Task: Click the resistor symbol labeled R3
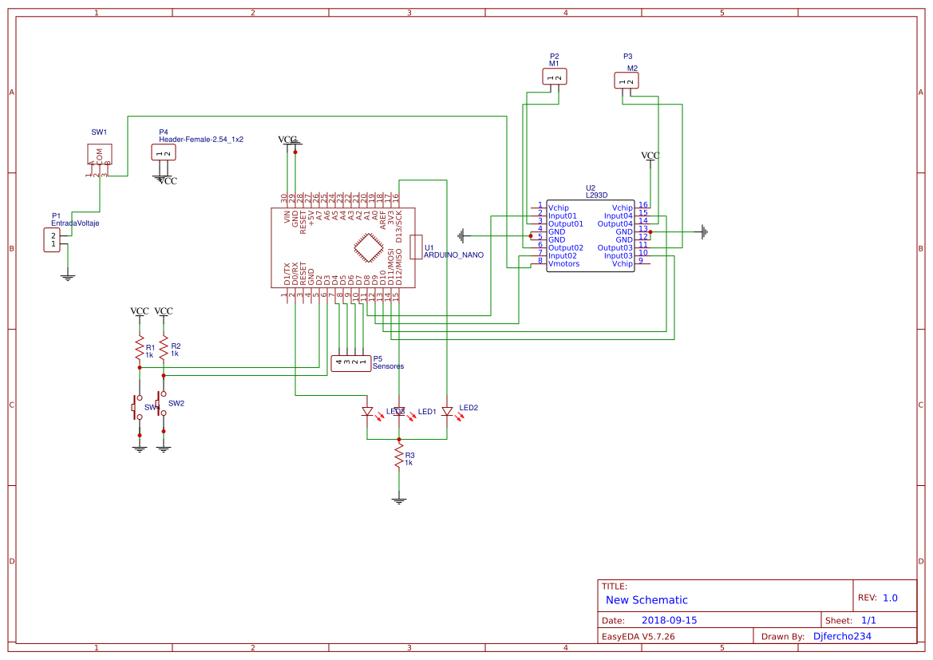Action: (398, 456)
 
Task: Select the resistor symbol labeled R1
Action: (140, 348)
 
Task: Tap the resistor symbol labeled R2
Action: (164, 347)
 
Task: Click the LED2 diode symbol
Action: (447, 412)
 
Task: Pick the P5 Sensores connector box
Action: (351, 363)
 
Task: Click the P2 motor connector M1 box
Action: (555, 77)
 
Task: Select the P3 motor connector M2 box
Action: (627, 80)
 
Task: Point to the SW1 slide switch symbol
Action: (100, 155)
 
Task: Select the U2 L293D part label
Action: (596, 194)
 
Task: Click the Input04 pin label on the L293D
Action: (618, 215)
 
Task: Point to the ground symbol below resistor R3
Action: (399, 500)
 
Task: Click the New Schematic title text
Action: (646, 600)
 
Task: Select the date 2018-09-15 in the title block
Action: (669, 620)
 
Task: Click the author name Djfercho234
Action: (842, 637)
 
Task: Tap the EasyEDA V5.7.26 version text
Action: (638, 637)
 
